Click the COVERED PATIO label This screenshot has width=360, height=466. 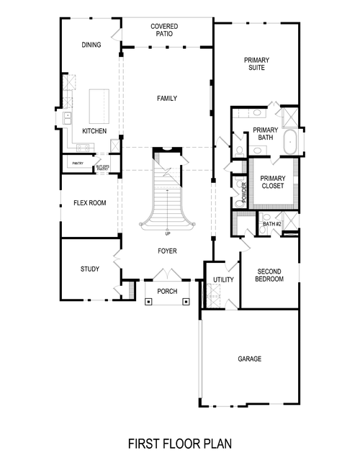point(165,30)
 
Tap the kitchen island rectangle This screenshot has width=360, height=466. point(98,106)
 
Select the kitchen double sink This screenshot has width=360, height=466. point(66,117)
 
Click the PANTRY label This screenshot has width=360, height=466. point(78,163)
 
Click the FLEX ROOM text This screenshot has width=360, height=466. point(90,203)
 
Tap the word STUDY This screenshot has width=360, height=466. point(89,269)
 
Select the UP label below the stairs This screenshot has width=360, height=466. point(168,234)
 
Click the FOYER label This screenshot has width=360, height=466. point(168,251)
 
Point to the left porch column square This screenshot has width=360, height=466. point(148,302)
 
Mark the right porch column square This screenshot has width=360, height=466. point(186,302)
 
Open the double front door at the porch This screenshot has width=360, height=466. point(167,274)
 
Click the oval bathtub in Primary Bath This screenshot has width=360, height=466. point(292,142)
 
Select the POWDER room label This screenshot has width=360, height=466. point(244,192)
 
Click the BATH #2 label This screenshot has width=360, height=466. point(271,224)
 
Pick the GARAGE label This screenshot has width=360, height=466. point(249,358)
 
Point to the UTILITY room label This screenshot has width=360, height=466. point(221,279)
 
